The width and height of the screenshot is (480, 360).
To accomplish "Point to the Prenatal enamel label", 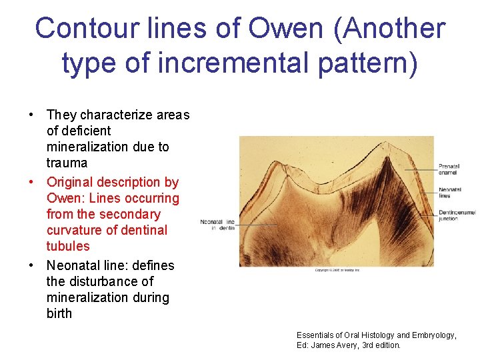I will click(448, 169).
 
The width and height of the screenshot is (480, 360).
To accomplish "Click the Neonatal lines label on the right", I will click(446, 193).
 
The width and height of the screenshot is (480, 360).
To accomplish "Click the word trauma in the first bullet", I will click(67, 163).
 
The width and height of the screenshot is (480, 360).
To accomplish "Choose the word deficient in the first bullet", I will click(79, 131).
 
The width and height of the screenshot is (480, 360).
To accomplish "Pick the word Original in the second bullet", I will click(70, 182).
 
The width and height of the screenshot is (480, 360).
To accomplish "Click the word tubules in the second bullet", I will click(68, 246).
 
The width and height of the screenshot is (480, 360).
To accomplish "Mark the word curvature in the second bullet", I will click(73, 230).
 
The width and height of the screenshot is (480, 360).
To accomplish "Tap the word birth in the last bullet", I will click(59, 313).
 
